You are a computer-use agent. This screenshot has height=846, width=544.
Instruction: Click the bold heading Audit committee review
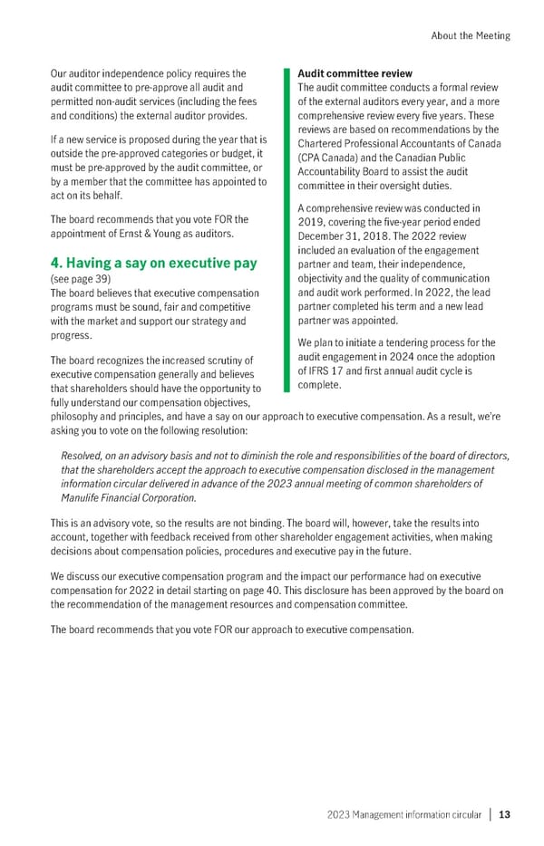point(355,73)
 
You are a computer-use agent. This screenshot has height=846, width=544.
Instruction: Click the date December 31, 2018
point(341,237)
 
